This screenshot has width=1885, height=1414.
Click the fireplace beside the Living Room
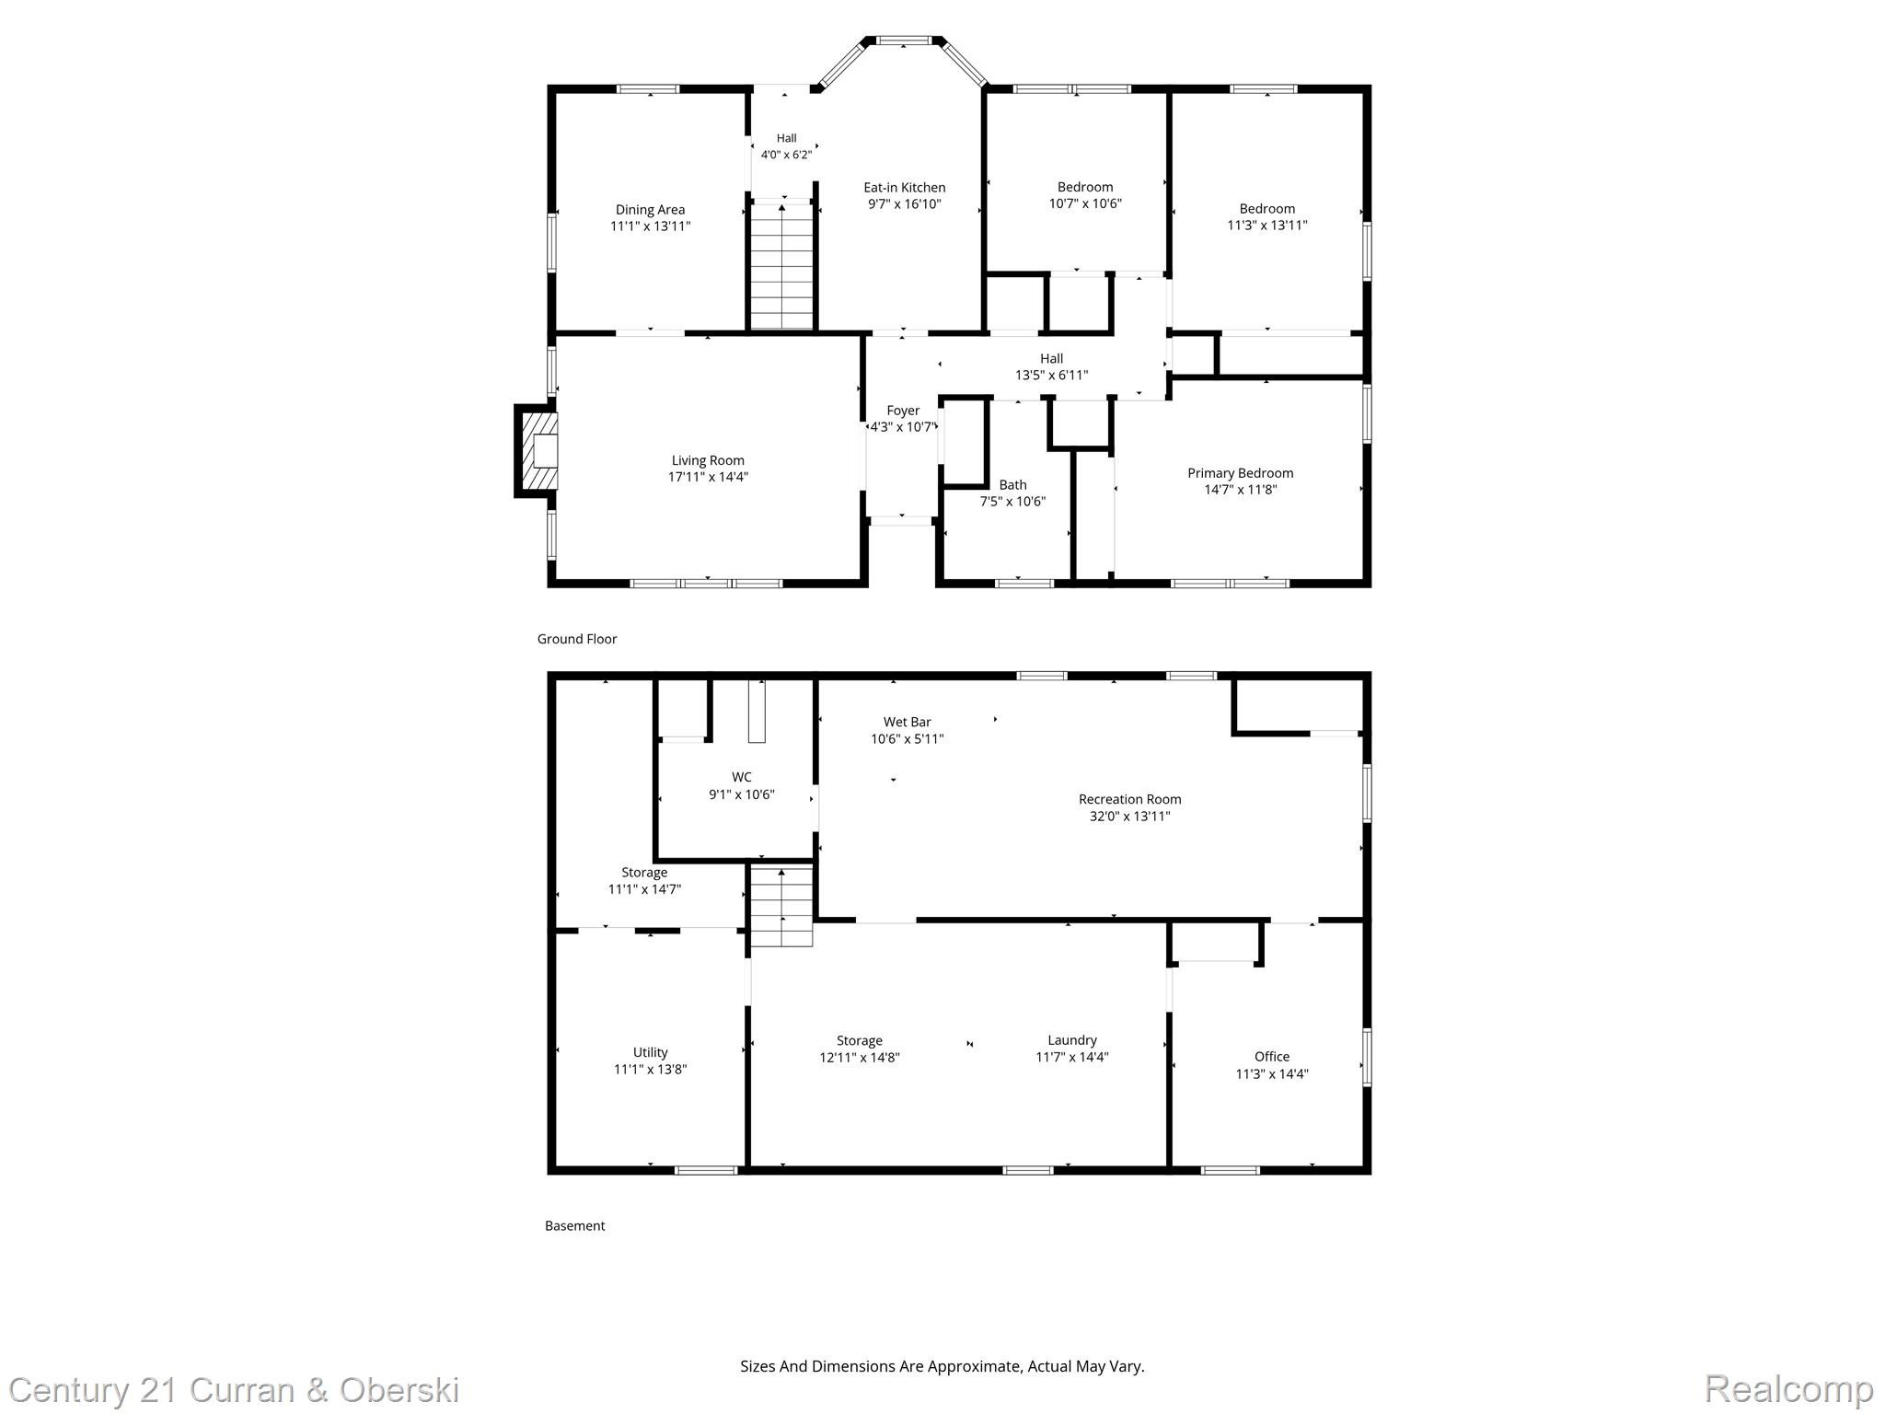tap(537, 451)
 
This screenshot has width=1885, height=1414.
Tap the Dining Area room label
tap(650, 210)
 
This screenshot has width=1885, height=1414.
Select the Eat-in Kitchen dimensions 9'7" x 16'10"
tap(905, 204)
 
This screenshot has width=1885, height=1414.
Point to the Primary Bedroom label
tap(1240, 473)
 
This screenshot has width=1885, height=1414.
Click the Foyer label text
tap(903, 411)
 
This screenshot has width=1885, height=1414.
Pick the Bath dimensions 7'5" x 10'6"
tap(1012, 502)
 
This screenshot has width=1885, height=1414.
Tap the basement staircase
tap(781, 906)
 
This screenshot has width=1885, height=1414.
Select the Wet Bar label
tap(908, 723)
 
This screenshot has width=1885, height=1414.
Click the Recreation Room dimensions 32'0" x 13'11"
tap(1129, 816)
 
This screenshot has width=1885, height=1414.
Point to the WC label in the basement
tap(742, 777)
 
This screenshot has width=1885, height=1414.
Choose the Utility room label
tap(650, 1052)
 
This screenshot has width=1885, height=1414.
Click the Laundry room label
tap(1072, 1040)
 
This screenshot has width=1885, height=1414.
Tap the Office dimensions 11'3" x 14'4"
tap(1272, 1073)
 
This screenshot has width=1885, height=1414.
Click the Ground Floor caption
tap(577, 639)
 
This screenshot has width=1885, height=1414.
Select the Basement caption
tap(575, 1226)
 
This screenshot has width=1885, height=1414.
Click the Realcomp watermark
tap(1788, 1388)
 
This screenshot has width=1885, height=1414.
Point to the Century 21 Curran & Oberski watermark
tap(235, 1389)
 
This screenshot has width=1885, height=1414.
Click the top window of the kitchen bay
tap(902, 41)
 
